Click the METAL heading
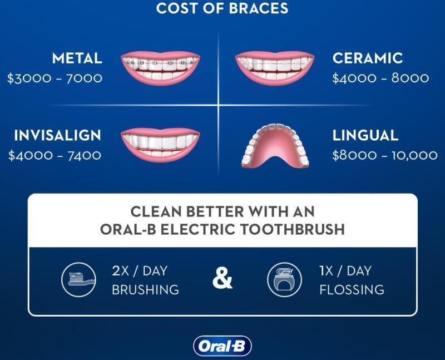point(77,58)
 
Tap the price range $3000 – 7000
point(55,78)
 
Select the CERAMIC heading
point(368,58)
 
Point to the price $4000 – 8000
point(380,78)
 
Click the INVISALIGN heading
point(58,135)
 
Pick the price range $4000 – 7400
point(55,155)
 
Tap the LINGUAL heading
point(365,135)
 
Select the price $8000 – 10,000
point(385,155)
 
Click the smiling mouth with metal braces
point(160,68)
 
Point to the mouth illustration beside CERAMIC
point(275,68)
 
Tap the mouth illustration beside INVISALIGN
point(160,145)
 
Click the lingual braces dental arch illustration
point(275,146)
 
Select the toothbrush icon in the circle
point(78,280)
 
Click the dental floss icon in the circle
point(284,280)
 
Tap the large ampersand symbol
point(222,279)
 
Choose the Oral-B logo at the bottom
point(222,346)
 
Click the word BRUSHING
point(145,290)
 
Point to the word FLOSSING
point(352,290)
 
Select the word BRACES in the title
point(258,8)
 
